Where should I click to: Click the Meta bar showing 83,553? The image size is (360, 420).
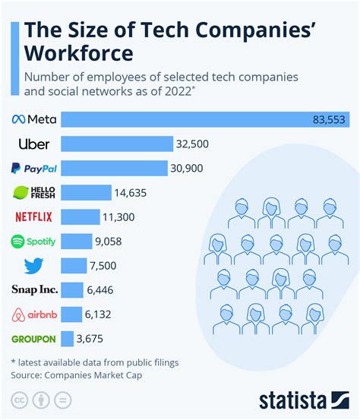pyautogui.click(x=182, y=119)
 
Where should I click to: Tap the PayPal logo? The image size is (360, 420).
pyautogui.click(x=32, y=168)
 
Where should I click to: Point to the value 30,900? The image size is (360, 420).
pyautogui.click(x=187, y=168)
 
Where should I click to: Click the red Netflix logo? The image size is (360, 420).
pyautogui.click(x=33, y=216)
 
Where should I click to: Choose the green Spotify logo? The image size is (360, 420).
pyautogui.click(x=33, y=241)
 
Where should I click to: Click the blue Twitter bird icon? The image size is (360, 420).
pyautogui.click(x=33, y=266)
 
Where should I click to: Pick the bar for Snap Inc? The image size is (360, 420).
pyautogui.click(x=71, y=289)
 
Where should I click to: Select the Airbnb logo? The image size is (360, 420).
pyautogui.click(x=33, y=314)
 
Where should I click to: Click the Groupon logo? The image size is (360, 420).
pyautogui.click(x=33, y=339)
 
